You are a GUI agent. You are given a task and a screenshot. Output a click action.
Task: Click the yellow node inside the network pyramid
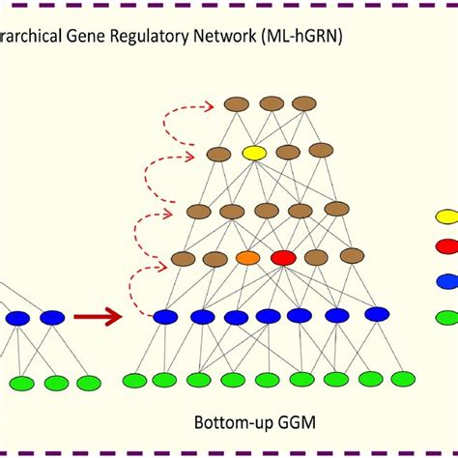pyautogui.click(x=254, y=153)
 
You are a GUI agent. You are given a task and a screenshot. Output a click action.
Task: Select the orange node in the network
pyautogui.click(x=248, y=258)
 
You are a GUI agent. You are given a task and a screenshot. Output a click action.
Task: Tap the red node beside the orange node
pyautogui.click(x=283, y=257)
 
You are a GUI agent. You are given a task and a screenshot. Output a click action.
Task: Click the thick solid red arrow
pyautogui.click(x=99, y=316)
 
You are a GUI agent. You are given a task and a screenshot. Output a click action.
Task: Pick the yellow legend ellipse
pyautogui.click(x=446, y=217)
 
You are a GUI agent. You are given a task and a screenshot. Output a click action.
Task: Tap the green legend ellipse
pyautogui.click(x=446, y=316)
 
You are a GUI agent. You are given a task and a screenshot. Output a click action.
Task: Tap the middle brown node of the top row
pyautogui.click(x=272, y=103)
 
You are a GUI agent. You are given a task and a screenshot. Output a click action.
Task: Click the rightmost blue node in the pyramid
pyautogui.click(x=376, y=314)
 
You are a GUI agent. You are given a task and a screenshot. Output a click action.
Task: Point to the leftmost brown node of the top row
pyautogui.click(x=237, y=103)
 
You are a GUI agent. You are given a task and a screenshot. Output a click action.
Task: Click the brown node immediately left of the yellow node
pyautogui.click(x=219, y=154)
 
